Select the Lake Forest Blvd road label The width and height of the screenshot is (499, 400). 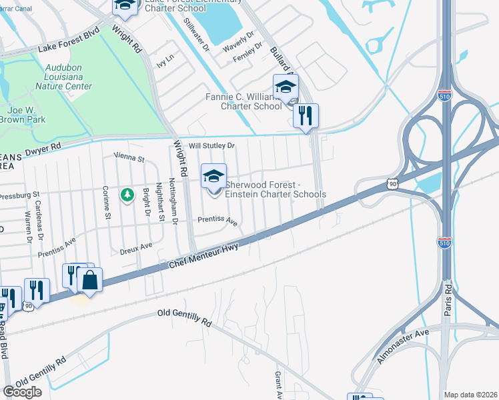(x=69, y=40)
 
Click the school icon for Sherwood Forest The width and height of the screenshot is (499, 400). (x=214, y=176)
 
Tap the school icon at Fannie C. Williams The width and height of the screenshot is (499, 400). (x=286, y=87)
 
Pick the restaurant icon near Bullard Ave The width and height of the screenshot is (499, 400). (x=306, y=115)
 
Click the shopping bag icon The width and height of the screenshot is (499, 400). (x=89, y=279)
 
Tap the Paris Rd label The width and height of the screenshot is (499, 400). (x=448, y=300)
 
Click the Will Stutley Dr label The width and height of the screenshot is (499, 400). (x=212, y=145)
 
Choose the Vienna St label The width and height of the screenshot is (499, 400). (x=129, y=158)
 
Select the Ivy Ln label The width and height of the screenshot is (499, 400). (x=164, y=63)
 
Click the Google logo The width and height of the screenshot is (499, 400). (x=22, y=392)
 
